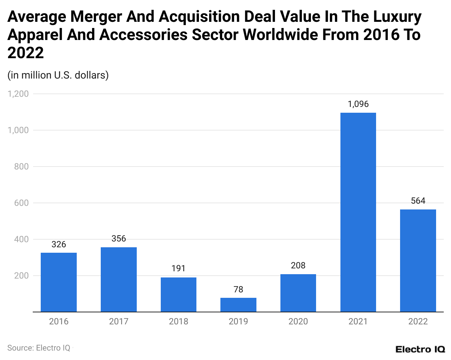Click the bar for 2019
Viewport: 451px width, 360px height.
[238, 305]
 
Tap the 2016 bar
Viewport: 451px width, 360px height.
[59, 282]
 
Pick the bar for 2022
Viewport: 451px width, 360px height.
[418, 260]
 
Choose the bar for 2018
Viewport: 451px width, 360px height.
[178, 295]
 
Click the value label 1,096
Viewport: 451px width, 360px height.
[358, 104]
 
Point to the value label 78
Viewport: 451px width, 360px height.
[238, 289]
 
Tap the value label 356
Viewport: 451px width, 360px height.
[119, 239]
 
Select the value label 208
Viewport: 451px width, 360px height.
[298, 265]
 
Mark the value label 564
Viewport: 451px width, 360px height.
[418, 201]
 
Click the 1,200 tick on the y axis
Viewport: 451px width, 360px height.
[18, 94]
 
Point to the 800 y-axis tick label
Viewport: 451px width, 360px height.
[21, 167]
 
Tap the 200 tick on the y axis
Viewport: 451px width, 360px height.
[21, 276]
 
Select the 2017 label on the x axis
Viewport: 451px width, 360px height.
[119, 321]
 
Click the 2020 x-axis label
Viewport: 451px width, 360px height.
[298, 321]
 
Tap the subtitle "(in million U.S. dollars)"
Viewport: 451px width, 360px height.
[58, 75]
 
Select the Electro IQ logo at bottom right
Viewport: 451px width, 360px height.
[420, 349]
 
